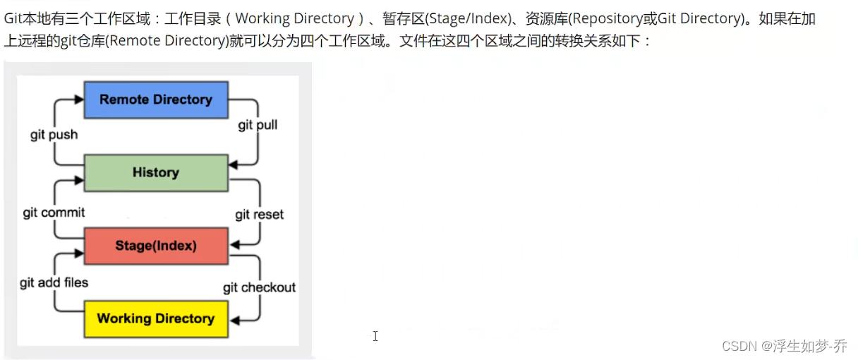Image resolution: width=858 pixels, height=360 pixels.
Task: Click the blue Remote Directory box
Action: pos(156,100)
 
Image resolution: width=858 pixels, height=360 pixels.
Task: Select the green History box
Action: pos(156,172)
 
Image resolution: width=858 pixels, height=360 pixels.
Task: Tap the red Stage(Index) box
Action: pos(156,246)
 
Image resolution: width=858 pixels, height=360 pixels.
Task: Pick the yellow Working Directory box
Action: pos(156,318)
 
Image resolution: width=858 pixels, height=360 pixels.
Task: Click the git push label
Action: pos(54,134)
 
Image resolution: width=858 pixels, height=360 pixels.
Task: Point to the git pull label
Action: pos(258,125)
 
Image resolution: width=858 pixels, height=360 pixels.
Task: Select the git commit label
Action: pos(54,212)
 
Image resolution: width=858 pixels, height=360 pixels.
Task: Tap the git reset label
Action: pos(260,215)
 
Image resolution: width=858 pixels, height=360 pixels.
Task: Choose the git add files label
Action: pos(54,282)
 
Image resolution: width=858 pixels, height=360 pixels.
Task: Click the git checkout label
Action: pos(260,287)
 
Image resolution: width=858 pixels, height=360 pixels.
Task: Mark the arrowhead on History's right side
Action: pos(235,164)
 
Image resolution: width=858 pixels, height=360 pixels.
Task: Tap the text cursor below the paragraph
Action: pos(375,336)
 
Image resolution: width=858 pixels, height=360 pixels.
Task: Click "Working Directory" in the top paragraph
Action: pos(294,18)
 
